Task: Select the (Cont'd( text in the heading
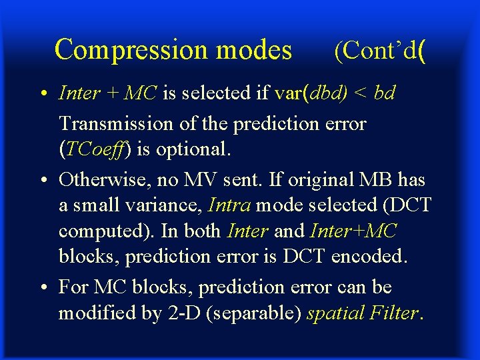coord(380,51)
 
